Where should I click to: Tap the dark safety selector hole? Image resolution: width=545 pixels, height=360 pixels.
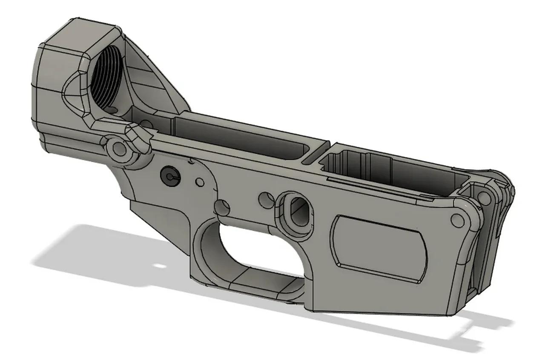click(x=169, y=175)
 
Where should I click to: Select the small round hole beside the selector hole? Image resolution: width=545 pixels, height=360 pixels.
click(x=199, y=183)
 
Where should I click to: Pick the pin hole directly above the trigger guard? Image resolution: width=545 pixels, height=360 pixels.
click(x=222, y=207)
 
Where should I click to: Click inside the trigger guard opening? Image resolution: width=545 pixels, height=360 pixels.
click(x=247, y=251)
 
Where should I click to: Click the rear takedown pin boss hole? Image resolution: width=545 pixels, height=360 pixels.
click(x=119, y=149)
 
